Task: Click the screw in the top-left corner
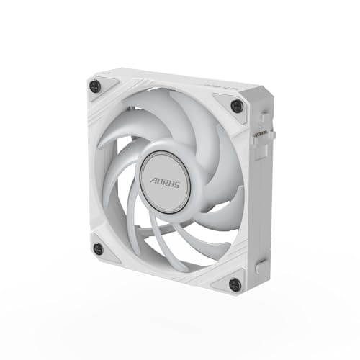[x=94, y=86]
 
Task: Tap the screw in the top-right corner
[x=236, y=106]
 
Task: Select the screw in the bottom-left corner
[x=98, y=248]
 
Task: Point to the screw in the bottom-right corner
[x=234, y=284]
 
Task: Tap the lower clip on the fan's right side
[x=261, y=266]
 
